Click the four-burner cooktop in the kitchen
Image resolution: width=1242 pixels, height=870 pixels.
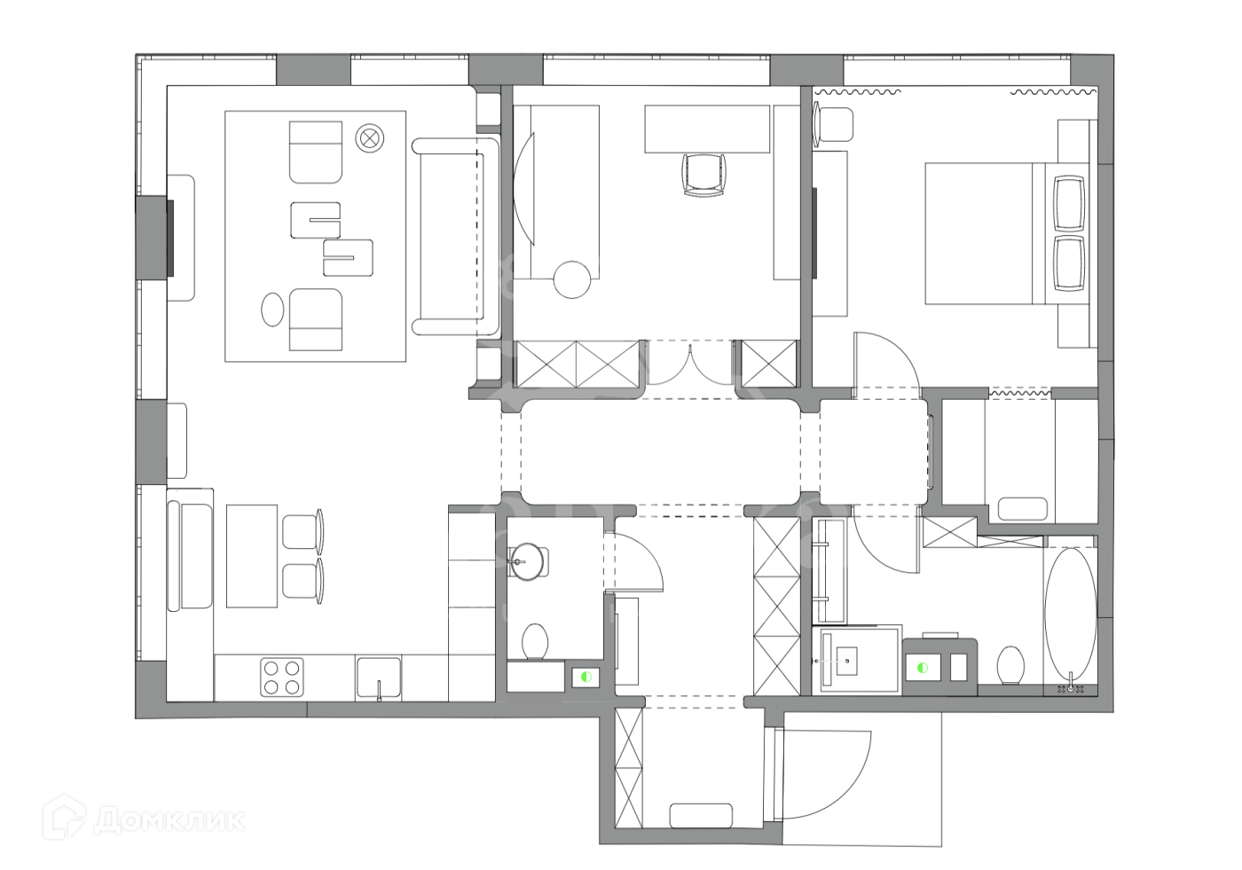pos(282,678)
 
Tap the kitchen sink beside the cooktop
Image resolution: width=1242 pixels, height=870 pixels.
pos(379,678)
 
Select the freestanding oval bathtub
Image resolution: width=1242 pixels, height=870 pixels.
pos(1071,615)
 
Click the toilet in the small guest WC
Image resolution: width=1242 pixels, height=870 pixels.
pos(535,641)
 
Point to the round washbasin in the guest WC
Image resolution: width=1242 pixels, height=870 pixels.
pos(525,561)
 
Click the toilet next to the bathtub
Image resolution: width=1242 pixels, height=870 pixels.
pos(1010,664)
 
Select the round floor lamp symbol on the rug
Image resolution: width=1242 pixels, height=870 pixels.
pos(369,138)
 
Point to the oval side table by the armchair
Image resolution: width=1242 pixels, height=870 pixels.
pos(272,310)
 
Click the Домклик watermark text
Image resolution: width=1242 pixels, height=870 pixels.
pos(169,820)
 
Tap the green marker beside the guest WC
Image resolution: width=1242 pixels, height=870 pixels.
pos(586,677)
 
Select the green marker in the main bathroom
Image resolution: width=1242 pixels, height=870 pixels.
pos(923,668)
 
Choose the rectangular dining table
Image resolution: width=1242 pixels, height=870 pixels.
pos(252,556)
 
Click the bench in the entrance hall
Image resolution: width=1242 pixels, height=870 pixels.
pos(701,816)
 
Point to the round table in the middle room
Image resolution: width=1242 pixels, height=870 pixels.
pos(571,280)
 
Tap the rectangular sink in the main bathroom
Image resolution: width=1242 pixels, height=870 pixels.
pos(845,660)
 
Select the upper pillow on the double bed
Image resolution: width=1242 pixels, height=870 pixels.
pos(1069,203)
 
